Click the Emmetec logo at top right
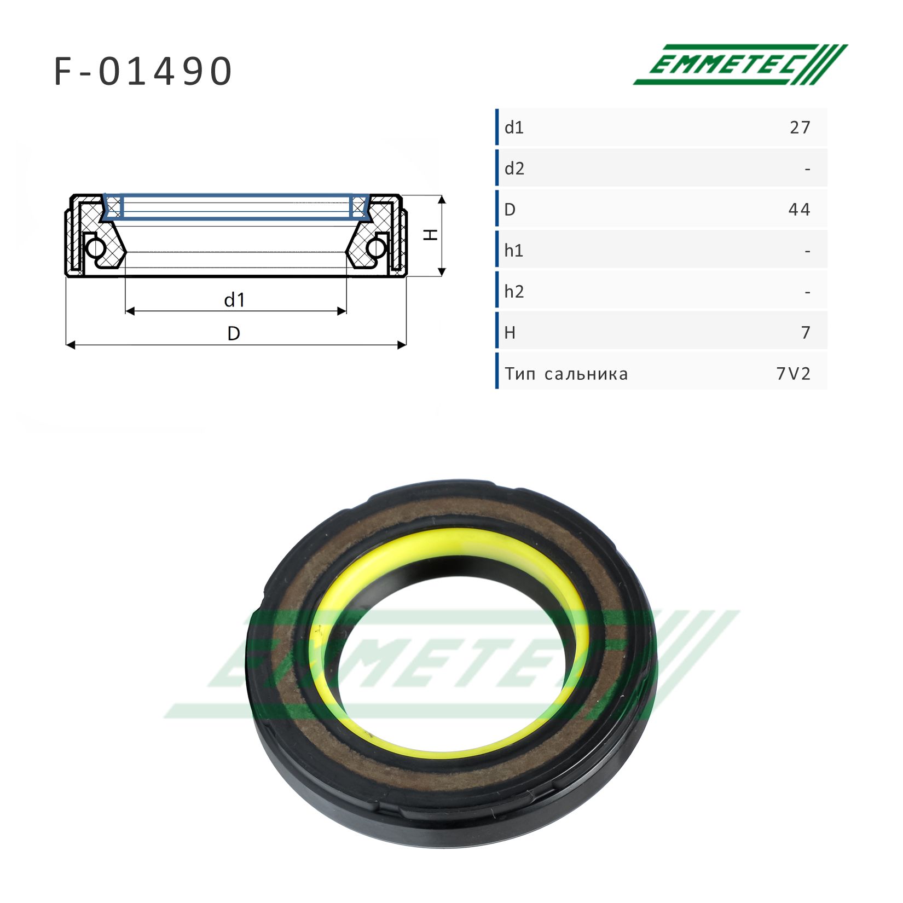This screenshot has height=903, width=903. point(740,65)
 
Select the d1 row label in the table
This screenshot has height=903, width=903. point(514,128)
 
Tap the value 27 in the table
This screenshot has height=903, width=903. point(800,128)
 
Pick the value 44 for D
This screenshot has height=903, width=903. point(799,210)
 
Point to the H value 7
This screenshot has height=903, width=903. point(805,333)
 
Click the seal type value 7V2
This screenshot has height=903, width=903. point(793,374)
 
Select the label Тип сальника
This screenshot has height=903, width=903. point(566,374)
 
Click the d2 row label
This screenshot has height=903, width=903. point(514,169)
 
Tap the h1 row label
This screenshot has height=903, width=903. point(514,251)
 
